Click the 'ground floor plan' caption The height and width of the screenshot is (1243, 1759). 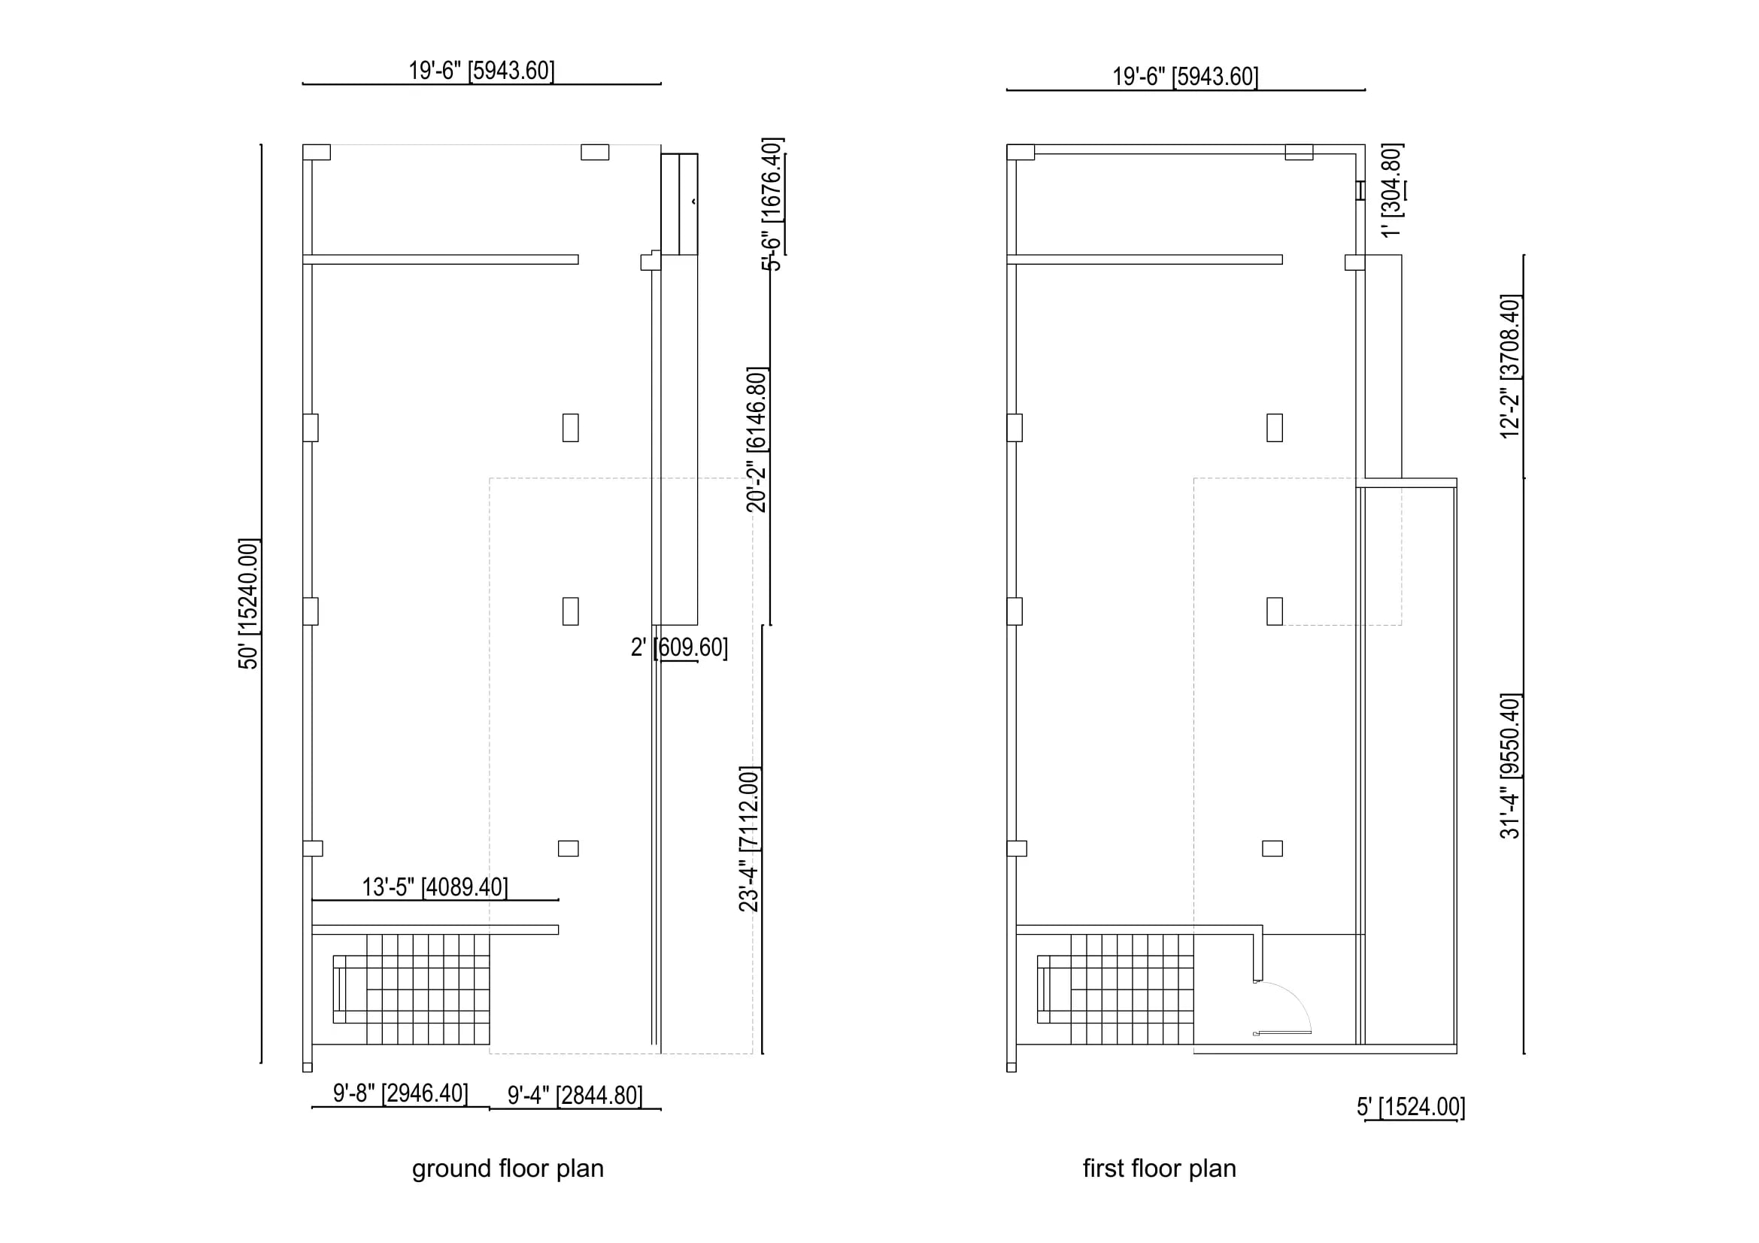point(508,1169)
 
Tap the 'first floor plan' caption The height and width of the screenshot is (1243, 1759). point(1159,1169)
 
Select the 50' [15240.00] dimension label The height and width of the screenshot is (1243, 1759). point(249,604)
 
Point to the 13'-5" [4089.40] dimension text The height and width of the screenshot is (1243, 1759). point(435,887)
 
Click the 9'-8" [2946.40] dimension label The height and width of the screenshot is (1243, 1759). point(400,1093)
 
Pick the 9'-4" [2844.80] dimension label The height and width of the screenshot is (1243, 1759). point(575,1095)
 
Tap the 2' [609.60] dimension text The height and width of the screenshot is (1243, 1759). point(679,648)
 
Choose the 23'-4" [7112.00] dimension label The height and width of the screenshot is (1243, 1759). point(749,838)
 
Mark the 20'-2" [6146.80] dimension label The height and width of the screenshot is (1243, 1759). point(757,440)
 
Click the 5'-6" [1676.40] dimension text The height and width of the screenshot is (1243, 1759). point(772,205)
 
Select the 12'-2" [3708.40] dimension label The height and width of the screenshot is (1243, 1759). point(1510,366)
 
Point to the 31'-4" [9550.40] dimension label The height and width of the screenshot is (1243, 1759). point(1510,766)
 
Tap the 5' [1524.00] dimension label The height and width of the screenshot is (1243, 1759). point(1410,1107)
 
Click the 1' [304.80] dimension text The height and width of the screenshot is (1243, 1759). point(1392,190)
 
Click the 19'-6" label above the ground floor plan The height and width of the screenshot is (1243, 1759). point(481,71)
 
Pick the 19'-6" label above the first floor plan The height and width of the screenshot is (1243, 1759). point(1185,77)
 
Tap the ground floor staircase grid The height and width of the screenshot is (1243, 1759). point(412,990)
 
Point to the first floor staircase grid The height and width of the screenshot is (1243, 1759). point(1115,990)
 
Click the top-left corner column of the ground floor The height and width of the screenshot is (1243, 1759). point(317,153)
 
